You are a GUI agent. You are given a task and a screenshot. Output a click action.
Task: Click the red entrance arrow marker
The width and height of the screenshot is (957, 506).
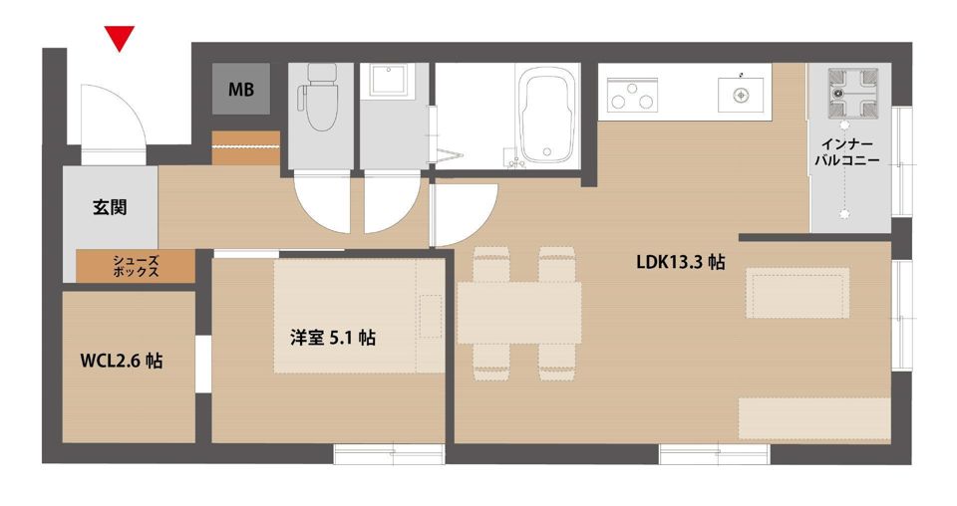[119, 39]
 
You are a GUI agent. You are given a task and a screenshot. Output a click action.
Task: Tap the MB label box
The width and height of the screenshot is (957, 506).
[241, 89]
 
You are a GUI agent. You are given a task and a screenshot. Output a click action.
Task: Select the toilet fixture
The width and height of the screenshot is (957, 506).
[319, 97]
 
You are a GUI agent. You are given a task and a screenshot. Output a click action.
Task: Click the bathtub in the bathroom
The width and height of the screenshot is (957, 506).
[547, 116]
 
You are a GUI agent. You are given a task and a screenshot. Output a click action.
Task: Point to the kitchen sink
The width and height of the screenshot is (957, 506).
[741, 95]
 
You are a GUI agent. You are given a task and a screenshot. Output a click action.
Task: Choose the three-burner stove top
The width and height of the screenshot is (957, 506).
[632, 95]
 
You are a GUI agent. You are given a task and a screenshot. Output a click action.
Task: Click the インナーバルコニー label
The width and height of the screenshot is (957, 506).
[847, 152]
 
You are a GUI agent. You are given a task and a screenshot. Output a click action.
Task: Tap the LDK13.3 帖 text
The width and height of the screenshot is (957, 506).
[681, 262]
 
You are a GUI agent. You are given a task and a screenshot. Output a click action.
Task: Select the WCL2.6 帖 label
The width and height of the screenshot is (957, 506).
[122, 361]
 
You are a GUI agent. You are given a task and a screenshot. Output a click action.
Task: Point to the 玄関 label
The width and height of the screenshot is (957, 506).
[110, 207]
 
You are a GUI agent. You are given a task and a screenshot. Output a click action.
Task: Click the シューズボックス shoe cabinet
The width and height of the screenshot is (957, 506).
[136, 266]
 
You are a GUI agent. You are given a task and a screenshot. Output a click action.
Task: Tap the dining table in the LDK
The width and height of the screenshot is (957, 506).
[518, 313]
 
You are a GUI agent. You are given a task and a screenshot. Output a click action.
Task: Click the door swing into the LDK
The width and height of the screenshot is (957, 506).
[463, 213]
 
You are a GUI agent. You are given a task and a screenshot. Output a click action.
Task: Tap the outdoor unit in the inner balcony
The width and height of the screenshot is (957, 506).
[852, 93]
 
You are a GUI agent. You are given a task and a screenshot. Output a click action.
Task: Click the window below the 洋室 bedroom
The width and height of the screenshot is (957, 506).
[389, 453]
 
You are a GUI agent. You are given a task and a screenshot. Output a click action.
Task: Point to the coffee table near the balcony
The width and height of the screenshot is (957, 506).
[797, 293]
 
